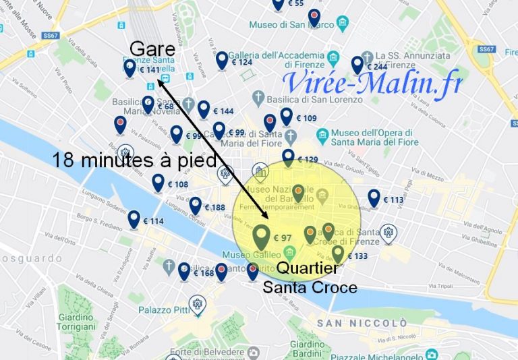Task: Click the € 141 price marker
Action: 150,69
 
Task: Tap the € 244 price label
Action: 376,66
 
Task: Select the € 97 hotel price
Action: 282,238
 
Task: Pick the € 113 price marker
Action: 393,200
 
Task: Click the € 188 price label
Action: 214,208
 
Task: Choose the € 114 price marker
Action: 154,221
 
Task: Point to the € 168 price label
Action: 203,273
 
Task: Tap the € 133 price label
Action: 357,256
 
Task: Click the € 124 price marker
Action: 241,62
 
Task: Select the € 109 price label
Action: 306,119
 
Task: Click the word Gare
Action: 152,49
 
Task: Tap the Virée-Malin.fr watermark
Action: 372,83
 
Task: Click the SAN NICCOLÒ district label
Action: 362,323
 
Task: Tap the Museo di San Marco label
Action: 291,25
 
